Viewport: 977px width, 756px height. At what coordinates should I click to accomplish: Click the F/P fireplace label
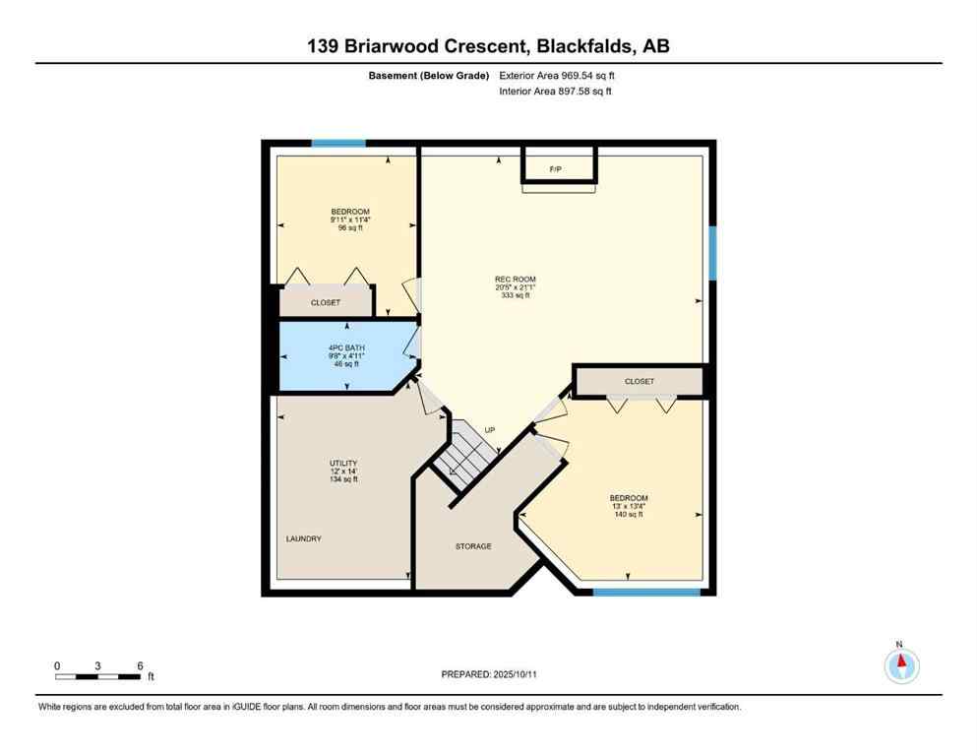tap(555, 170)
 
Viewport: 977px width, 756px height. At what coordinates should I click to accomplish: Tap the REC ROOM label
tap(515, 279)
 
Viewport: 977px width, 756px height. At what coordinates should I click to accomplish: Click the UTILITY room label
tap(343, 463)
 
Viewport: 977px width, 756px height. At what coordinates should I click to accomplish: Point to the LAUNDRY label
tap(304, 538)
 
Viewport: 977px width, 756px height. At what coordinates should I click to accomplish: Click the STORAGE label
tap(473, 546)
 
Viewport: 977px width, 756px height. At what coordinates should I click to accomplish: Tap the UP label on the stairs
tap(489, 430)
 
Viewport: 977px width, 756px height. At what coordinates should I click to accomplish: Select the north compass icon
tap(901, 666)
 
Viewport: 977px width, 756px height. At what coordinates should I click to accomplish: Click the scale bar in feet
tap(97, 676)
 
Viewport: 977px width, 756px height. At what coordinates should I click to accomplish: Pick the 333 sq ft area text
tap(515, 295)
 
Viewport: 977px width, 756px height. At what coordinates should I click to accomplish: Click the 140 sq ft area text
tap(629, 514)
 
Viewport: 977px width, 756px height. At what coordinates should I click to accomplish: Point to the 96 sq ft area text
tap(350, 227)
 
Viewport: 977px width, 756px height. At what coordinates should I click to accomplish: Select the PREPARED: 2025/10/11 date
tap(488, 674)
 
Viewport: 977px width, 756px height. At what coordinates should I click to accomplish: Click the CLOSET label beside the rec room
tap(639, 381)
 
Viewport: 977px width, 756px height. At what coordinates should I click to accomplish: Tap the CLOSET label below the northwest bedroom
tap(326, 303)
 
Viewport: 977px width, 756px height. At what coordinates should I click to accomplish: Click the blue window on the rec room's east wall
tap(712, 252)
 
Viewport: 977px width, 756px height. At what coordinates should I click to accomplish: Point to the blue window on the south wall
tap(646, 592)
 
